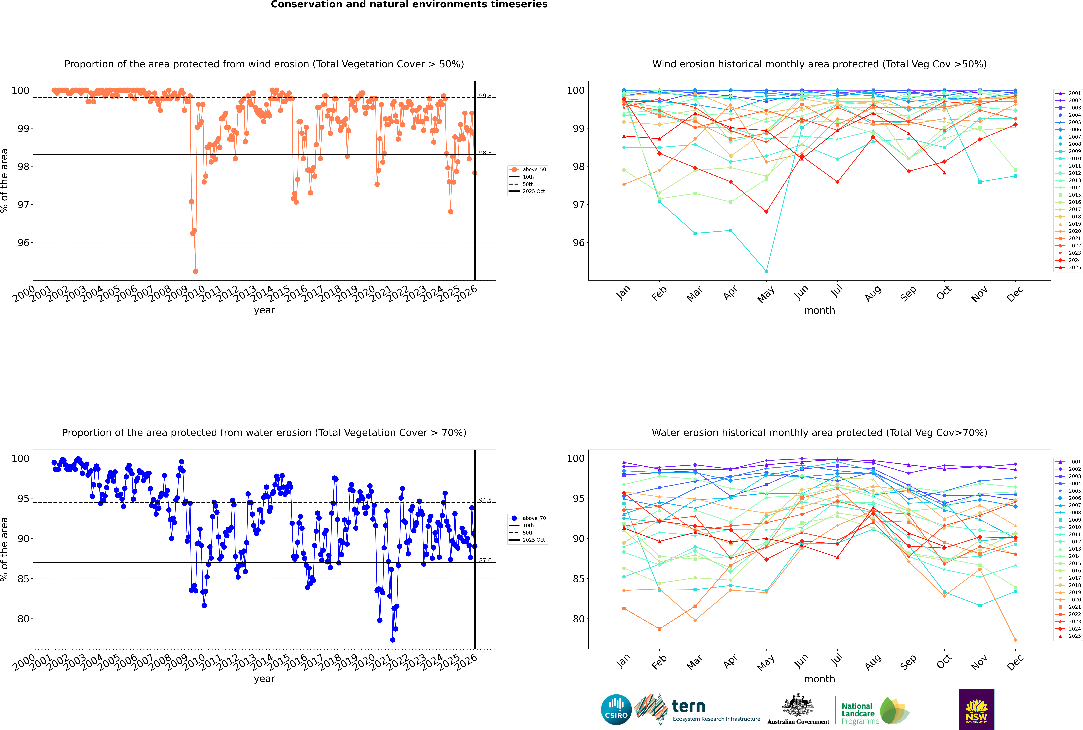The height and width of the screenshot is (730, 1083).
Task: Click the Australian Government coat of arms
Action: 798,708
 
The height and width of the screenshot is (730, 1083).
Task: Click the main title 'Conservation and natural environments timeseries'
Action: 409,5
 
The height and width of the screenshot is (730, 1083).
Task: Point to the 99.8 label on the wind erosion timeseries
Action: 485,96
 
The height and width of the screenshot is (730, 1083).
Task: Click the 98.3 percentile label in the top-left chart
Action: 485,153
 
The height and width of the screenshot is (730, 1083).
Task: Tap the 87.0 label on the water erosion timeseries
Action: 485,560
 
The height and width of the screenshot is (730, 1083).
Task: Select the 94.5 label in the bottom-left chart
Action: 485,500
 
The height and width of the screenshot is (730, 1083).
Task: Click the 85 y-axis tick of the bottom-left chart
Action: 23,579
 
